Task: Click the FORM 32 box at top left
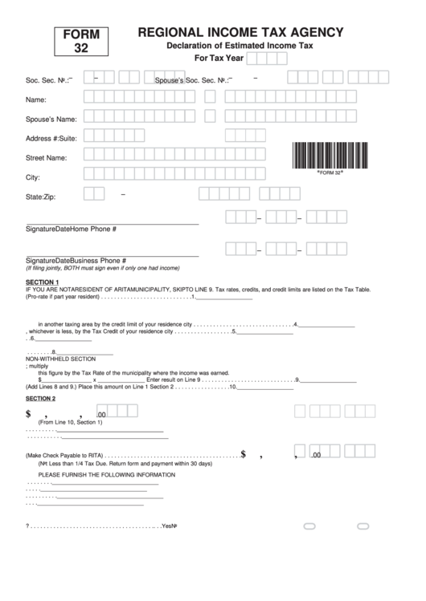[82, 41]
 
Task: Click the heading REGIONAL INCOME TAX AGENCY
[240, 32]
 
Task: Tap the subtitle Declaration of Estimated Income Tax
[240, 47]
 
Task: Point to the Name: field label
[36, 100]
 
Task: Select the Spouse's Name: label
[51, 120]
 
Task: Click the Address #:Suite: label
[51, 139]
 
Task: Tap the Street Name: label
[46, 158]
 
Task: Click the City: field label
[33, 177]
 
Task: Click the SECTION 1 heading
[42, 282]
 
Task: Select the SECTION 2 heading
[41, 399]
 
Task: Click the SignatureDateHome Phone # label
[72, 229]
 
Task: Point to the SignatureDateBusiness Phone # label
[76, 261]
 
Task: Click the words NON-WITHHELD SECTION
[61, 359]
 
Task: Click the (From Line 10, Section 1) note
[71, 422]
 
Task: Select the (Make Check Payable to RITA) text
[63, 455]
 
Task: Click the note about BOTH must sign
[103, 268]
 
